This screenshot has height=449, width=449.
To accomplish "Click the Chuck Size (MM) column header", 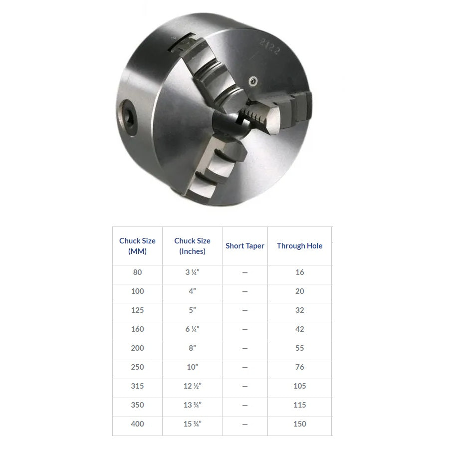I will tap(137, 245).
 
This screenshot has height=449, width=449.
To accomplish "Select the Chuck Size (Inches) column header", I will tap(192, 245).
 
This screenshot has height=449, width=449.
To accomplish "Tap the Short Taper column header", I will tap(244, 245).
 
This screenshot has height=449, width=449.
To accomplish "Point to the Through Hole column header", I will tap(299, 245).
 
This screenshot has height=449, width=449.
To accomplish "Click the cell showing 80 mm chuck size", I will tap(137, 272).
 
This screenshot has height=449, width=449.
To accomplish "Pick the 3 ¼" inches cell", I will tap(192, 272).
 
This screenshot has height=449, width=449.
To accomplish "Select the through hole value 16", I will tap(299, 272).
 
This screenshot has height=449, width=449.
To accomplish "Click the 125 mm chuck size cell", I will tap(137, 310).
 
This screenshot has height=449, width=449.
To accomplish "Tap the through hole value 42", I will tap(299, 329).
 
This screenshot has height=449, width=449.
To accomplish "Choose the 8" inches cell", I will tap(192, 348).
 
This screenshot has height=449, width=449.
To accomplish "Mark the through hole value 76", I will tap(299, 367).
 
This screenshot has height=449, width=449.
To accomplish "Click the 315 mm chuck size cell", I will tap(137, 386).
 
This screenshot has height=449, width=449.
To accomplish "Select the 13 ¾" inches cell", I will tap(192, 405).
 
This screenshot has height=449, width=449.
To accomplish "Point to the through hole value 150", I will tap(299, 424).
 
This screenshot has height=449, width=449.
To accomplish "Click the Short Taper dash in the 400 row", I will tap(244, 424).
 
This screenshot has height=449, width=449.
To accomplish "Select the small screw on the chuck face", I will tap(253, 80).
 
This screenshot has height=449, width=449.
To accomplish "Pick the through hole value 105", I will tap(299, 386).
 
